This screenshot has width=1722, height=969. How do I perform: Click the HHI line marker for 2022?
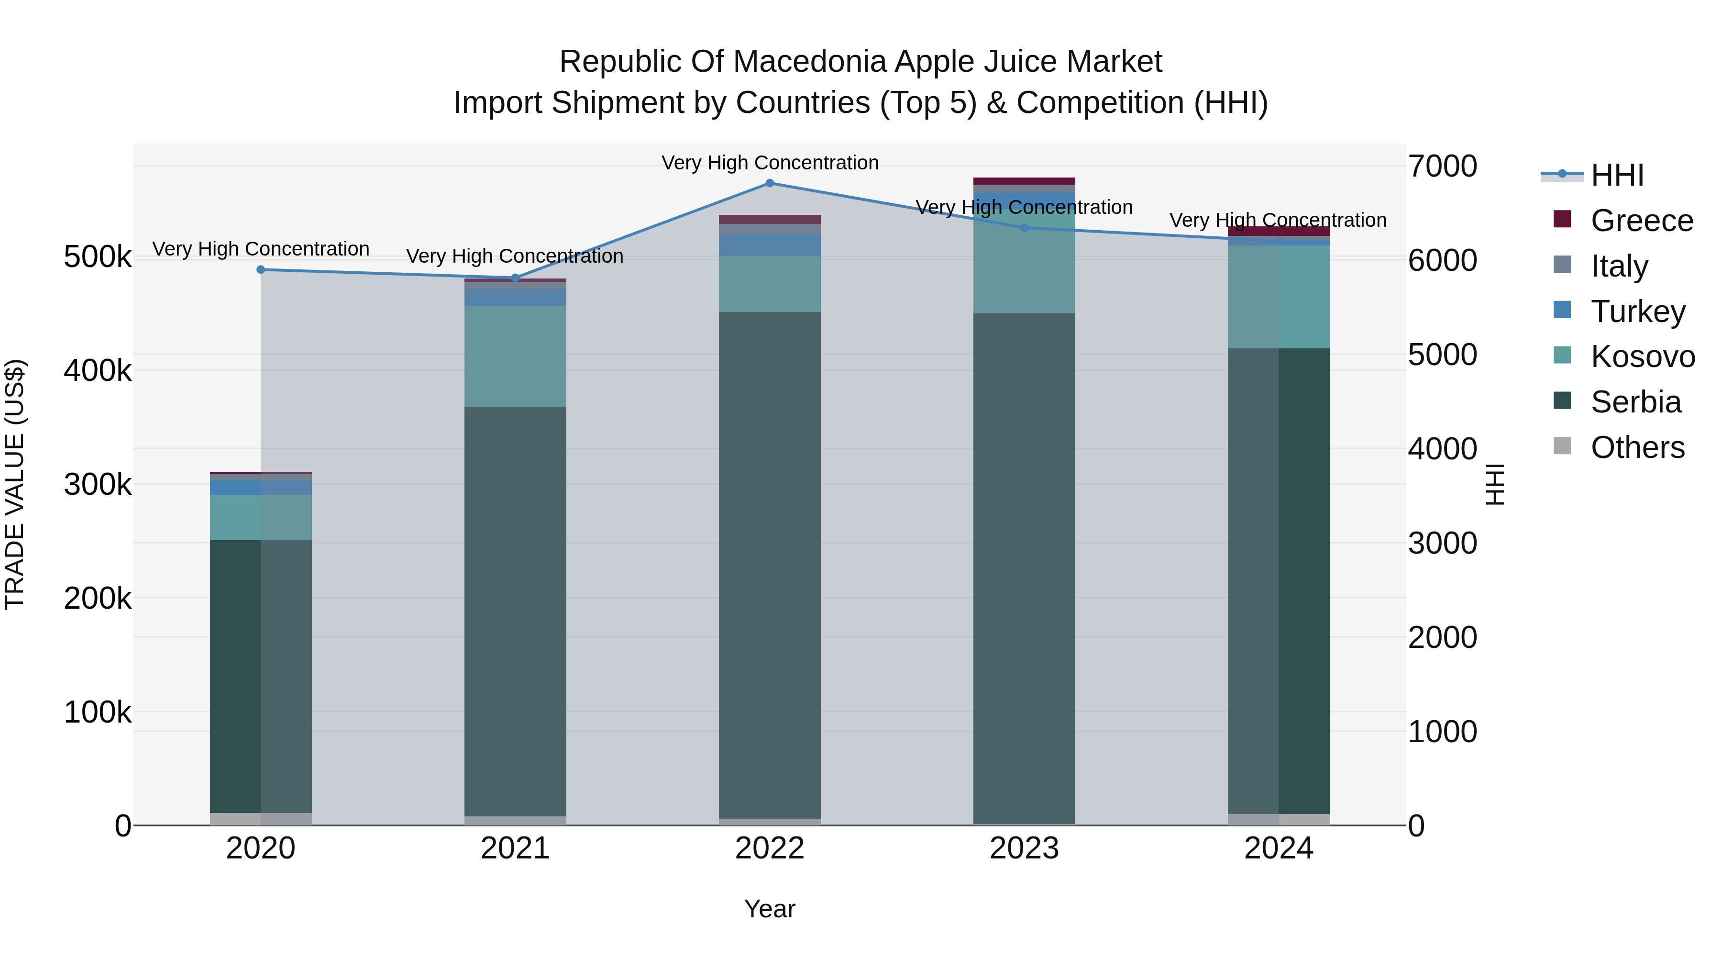click(x=770, y=183)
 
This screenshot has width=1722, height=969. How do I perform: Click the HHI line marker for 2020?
click(x=261, y=269)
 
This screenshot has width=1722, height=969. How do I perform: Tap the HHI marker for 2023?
click(x=1024, y=227)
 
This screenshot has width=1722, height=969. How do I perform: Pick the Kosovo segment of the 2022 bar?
click(x=770, y=284)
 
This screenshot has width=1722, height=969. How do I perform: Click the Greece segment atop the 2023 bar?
click(x=1024, y=181)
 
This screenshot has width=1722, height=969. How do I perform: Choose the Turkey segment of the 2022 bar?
click(x=770, y=245)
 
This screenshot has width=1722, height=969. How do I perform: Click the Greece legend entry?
click(x=1641, y=221)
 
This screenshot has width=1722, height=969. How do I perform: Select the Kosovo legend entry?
click(x=1642, y=356)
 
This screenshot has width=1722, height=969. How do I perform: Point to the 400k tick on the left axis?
click(x=98, y=370)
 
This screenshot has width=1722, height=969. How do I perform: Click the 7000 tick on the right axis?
click(x=1443, y=166)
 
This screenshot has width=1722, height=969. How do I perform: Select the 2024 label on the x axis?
click(x=1278, y=848)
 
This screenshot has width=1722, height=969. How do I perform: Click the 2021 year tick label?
click(x=515, y=848)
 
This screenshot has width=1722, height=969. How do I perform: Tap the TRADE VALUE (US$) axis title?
click(x=15, y=484)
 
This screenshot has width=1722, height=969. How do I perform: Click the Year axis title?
click(x=770, y=909)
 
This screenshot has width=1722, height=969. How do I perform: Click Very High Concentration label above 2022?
click(x=770, y=163)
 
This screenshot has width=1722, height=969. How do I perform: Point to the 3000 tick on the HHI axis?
click(x=1443, y=543)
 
